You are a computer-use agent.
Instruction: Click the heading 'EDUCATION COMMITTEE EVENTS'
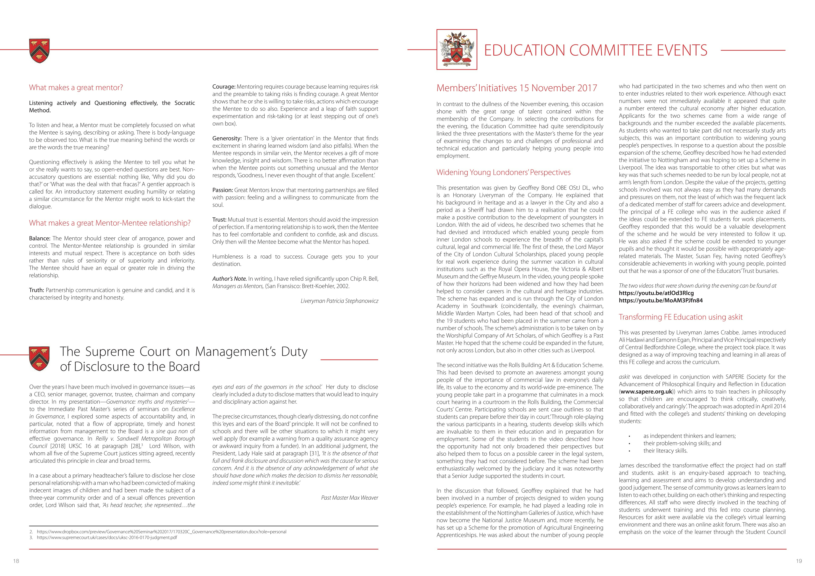coord(596,50)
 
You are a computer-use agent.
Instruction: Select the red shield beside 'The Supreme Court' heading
coord(39,359)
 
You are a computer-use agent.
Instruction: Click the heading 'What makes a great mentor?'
coord(76,88)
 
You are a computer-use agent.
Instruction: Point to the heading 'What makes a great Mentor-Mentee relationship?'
coord(110,223)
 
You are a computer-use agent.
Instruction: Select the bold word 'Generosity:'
coord(227,138)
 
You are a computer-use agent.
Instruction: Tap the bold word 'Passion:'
coord(222,190)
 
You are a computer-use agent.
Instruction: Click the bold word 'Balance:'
coord(40,238)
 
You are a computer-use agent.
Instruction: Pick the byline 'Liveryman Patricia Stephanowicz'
coord(339,301)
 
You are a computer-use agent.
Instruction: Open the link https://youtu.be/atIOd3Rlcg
coord(656,293)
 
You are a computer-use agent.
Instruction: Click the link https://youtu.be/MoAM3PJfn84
coord(661,300)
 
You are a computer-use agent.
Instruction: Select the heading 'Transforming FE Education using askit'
coord(680,317)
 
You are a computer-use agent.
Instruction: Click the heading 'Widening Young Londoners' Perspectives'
coord(503,172)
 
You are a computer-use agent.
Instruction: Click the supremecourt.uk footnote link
coord(107,538)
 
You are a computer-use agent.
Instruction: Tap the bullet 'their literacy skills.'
coord(665,451)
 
